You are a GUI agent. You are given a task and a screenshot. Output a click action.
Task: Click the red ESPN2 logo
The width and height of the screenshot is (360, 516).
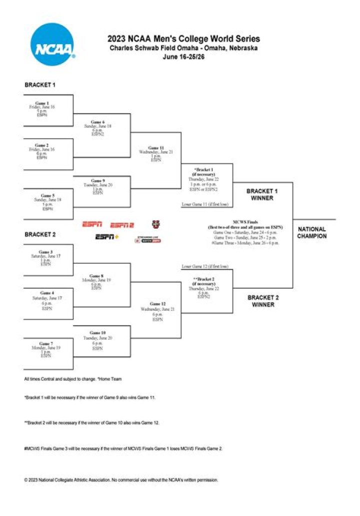point(122,225)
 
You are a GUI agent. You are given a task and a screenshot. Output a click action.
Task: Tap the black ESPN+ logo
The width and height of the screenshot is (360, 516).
point(106,237)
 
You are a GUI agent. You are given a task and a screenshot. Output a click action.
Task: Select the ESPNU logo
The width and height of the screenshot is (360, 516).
point(156,224)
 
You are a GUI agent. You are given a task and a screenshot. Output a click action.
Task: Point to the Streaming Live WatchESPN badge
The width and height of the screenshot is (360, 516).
point(147,239)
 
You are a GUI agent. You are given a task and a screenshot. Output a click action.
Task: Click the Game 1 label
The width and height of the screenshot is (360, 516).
point(42,103)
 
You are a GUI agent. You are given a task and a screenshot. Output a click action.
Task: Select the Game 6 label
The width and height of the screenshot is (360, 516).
point(98,122)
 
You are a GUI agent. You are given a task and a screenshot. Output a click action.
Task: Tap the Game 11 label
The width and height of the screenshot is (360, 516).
point(156,148)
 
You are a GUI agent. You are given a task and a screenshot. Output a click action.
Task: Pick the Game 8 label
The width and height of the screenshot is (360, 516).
point(96,276)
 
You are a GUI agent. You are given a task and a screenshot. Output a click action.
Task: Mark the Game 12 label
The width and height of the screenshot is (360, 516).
point(157,304)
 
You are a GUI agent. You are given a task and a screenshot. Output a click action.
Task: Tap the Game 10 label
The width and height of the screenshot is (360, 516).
point(98,333)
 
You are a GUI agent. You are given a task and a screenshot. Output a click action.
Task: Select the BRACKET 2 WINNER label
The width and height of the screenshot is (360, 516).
point(262,301)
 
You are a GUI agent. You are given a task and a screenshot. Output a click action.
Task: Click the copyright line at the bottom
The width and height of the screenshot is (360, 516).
point(121,480)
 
